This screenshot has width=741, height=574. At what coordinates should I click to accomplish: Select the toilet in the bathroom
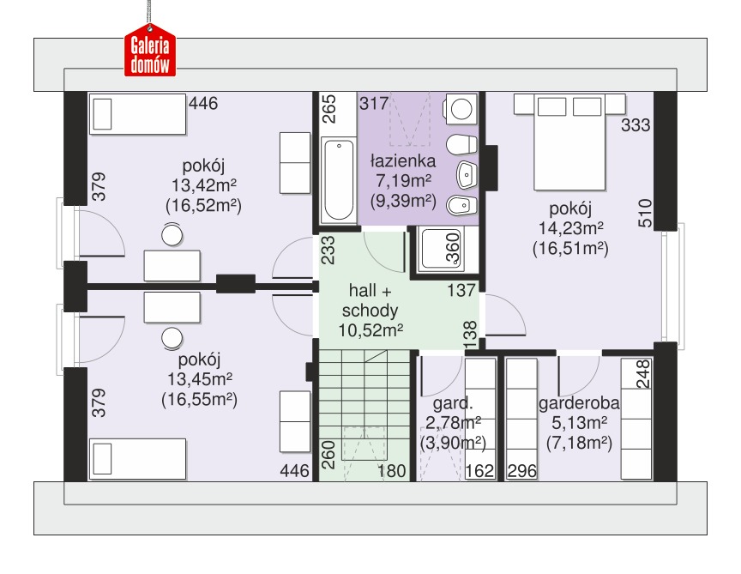tap(461, 145)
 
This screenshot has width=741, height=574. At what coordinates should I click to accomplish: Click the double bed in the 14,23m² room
tap(569, 142)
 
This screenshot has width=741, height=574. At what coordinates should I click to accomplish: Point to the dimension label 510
tap(645, 214)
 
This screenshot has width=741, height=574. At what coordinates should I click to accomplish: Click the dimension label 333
tap(636, 125)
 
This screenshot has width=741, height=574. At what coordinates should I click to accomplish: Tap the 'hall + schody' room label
tap(370, 299)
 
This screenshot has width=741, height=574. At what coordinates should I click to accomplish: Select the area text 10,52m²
tap(370, 330)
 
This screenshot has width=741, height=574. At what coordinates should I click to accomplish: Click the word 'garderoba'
tap(579, 403)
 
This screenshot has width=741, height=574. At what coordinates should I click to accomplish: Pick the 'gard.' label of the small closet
tap(453, 403)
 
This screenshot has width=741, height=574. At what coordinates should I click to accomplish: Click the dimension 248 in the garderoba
tap(643, 373)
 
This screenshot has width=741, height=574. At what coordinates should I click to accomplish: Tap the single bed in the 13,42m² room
tap(137, 114)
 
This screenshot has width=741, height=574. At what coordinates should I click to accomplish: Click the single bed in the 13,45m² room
tap(137, 459)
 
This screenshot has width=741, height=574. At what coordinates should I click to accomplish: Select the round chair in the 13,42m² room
tap(172, 235)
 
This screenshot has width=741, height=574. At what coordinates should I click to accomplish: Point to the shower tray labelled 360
tap(442, 250)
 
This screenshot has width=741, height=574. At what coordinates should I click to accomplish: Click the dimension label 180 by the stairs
tap(391, 471)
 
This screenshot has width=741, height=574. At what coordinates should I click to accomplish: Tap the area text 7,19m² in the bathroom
tap(403, 181)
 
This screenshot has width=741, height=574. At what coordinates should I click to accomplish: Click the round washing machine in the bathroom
tap(461, 109)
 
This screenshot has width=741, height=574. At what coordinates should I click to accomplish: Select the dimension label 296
tap(522, 471)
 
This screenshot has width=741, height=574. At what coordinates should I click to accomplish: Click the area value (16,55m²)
tap(199, 400)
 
